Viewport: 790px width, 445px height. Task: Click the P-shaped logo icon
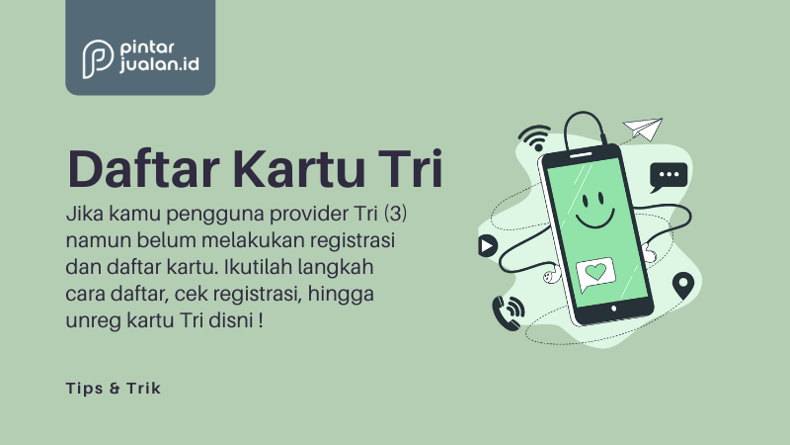tap(97, 58)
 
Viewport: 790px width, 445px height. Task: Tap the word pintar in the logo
tap(147, 48)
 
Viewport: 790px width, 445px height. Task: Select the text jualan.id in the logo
tap(159, 64)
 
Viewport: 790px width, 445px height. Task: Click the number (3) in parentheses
tap(396, 214)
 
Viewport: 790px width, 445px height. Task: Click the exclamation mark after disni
tap(260, 320)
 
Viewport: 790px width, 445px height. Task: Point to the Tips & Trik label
tap(114, 388)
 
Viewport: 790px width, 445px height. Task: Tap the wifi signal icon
tap(536, 137)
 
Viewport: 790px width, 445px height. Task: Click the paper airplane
tap(643, 129)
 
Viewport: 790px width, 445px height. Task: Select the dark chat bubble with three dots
tap(669, 177)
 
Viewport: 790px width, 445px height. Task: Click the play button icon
tap(487, 245)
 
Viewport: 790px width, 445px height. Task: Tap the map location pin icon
tap(682, 285)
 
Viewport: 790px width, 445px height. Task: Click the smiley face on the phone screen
tap(595, 209)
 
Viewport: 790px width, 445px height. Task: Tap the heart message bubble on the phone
tap(595, 274)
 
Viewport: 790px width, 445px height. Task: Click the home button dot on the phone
tap(613, 309)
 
